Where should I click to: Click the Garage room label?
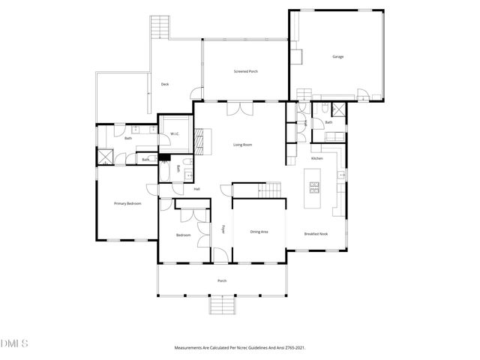pyautogui.click(x=337, y=56)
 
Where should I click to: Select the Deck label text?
pyautogui.click(x=165, y=84)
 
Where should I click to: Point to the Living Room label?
pyautogui.click(x=241, y=144)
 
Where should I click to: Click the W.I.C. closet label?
pyautogui.click(x=174, y=134)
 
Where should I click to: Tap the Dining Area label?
pyautogui.click(x=259, y=232)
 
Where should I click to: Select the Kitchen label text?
pyautogui.click(x=317, y=159)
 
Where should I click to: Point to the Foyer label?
pyautogui.click(x=224, y=229)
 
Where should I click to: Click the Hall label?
pyautogui.click(x=196, y=189)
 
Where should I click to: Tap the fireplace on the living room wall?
pyautogui.click(x=199, y=139)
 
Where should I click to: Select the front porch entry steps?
pyautogui.click(x=222, y=305)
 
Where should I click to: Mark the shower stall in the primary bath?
pyautogui.click(x=103, y=158)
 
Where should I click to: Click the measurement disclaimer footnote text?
pyautogui.click(x=240, y=348)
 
